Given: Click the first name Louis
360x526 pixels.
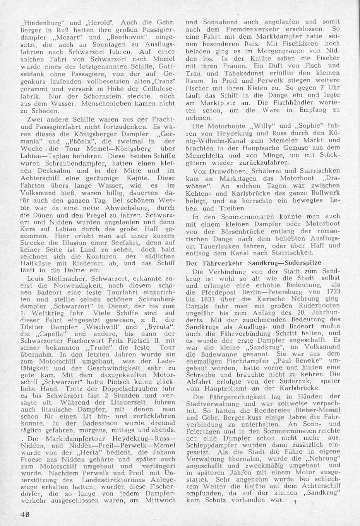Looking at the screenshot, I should [36, 278].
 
